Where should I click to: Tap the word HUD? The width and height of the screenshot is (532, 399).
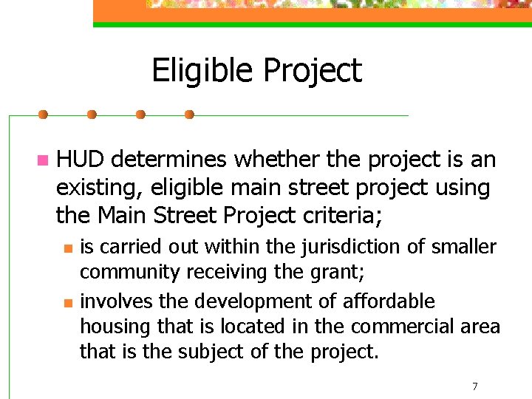[x=81, y=160]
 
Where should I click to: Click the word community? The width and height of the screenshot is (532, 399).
[x=129, y=272]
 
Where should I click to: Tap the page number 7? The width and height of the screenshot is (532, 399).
[x=474, y=386]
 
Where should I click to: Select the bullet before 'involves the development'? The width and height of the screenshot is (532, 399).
[x=67, y=303]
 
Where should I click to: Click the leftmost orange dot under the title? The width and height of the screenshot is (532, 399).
[x=43, y=115]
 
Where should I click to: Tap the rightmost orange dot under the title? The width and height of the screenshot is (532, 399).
[x=188, y=115]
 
